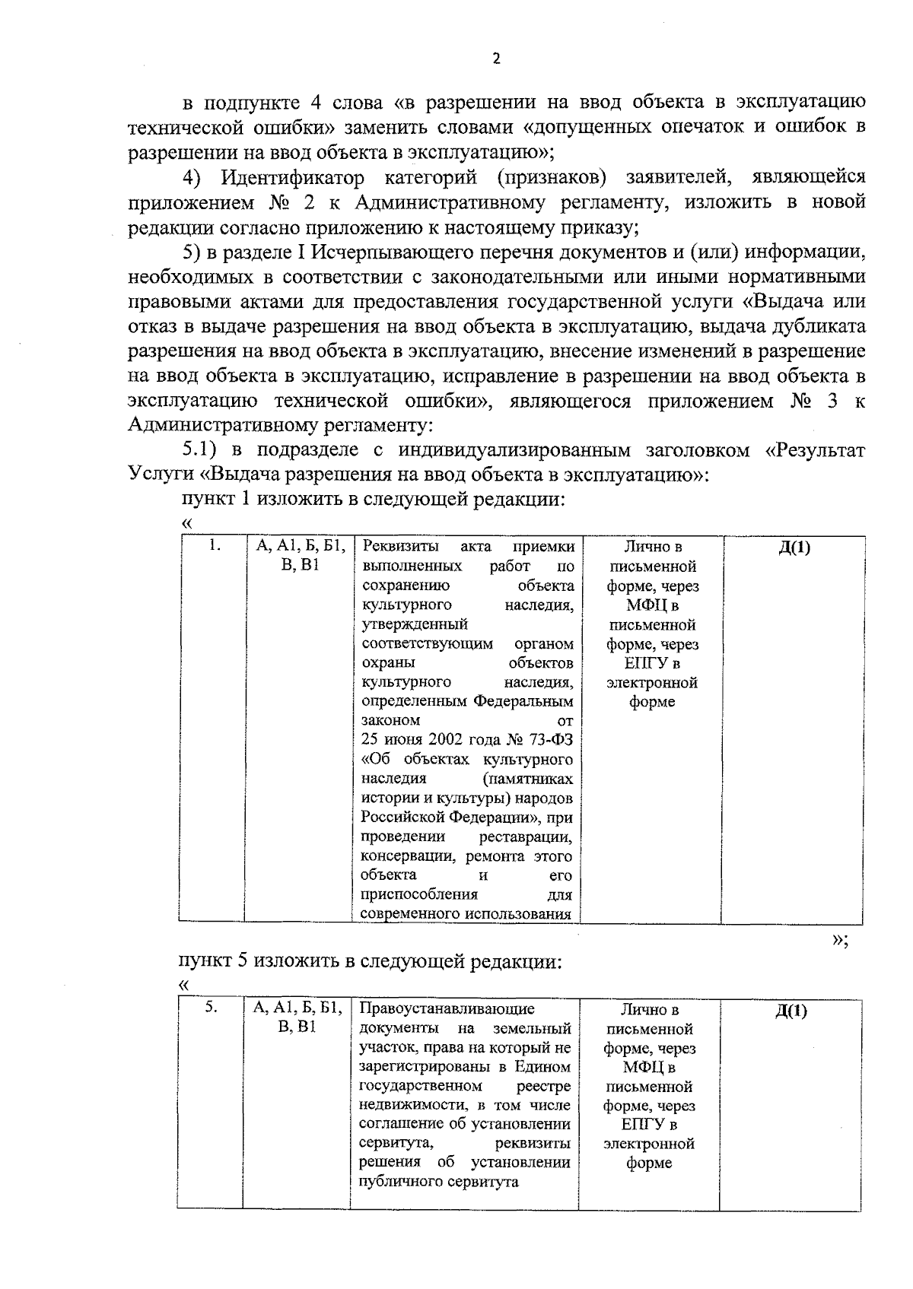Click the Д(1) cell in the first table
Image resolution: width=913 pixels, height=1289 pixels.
pyautogui.click(x=794, y=548)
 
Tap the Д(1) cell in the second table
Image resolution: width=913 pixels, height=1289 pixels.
pyautogui.click(x=791, y=1011)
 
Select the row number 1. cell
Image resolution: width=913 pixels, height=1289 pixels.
pyautogui.click(x=215, y=545)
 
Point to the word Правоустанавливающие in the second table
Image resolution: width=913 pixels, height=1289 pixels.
pyautogui.click(x=446, y=1009)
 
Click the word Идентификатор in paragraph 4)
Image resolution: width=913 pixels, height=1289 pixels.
pyautogui.click(x=291, y=178)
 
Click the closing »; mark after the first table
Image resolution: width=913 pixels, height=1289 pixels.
pyautogui.click(x=840, y=940)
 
